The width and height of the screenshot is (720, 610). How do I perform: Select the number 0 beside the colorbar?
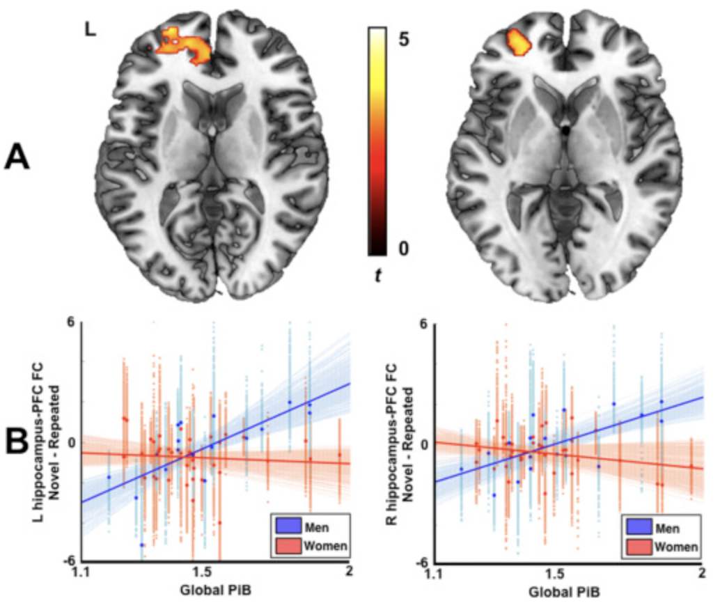point(403,248)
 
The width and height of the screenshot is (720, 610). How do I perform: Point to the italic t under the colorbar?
point(377,276)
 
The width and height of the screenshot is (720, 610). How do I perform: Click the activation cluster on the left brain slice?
point(182,47)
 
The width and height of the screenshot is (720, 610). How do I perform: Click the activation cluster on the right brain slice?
point(519,43)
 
